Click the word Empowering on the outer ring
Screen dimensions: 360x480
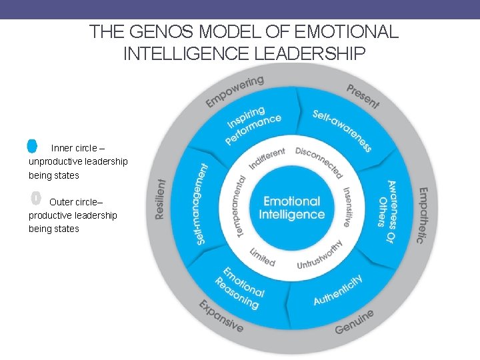click(235, 91)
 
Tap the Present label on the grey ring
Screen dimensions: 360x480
click(363, 95)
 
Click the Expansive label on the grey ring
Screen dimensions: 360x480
click(221, 316)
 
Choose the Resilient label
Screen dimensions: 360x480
click(160, 199)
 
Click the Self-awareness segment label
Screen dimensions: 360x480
click(342, 131)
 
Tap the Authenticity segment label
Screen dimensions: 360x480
click(338, 289)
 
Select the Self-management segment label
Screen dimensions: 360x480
click(203, 203)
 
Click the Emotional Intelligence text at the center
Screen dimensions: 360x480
click(291, 208)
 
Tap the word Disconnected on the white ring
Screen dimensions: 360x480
click(319, 162)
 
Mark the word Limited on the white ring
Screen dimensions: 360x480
click(262, 257)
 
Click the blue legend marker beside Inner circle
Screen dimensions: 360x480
click(32, 145)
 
